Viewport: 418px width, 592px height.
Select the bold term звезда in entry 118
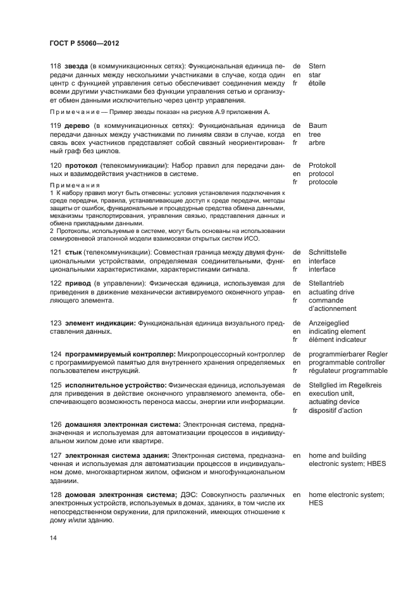point(76,66)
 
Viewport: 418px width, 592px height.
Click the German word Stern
point(317,66)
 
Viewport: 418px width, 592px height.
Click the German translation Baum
point(318,126)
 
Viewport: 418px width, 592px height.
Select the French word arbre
point(317,143)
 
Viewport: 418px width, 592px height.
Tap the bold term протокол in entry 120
point(82,165)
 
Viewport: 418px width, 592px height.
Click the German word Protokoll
point(323,165)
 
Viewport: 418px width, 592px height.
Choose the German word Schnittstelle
point(328,252)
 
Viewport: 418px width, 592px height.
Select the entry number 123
point(56,323)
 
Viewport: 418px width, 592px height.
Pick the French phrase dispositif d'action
point(335,410)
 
